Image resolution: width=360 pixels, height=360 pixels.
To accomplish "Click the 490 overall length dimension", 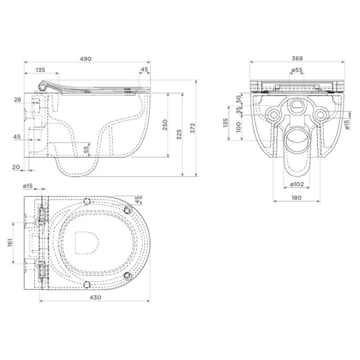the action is pos(86,59).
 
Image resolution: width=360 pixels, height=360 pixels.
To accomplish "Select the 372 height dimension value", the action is pos(193,128).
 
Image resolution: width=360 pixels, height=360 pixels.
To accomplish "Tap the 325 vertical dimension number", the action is pos(179,135).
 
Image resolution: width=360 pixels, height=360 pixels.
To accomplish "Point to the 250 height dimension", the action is pos(165,125).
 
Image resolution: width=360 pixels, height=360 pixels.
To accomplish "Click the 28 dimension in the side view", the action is pos(17,100).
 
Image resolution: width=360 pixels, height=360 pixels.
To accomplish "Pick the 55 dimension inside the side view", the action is pos(86,149).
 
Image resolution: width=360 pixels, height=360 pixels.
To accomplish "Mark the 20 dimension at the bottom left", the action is pos(16,167).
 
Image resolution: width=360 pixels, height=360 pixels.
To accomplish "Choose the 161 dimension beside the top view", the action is pos(10,243).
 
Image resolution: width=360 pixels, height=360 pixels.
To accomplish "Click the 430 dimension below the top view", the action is pos(95,297).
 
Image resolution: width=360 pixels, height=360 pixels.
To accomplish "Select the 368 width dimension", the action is pos(297,58).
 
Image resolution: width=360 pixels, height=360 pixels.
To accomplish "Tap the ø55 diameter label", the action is pos(297,70).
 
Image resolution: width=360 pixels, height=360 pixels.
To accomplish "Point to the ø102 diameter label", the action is pos(297,184).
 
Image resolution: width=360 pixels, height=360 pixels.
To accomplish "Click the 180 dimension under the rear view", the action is pos(296,198).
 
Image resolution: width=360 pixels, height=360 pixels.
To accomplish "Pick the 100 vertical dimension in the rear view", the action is pos(239,127).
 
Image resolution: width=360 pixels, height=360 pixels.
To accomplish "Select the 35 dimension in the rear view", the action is pos(239,110).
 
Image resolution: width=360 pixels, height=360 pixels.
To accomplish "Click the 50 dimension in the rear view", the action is pos(239,99).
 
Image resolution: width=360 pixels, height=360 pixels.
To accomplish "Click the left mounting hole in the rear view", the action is pos(273,115).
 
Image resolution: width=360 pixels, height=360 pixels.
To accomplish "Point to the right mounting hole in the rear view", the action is pos(320,115).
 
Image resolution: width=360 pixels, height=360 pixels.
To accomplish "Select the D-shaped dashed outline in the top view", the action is pos(87,243).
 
